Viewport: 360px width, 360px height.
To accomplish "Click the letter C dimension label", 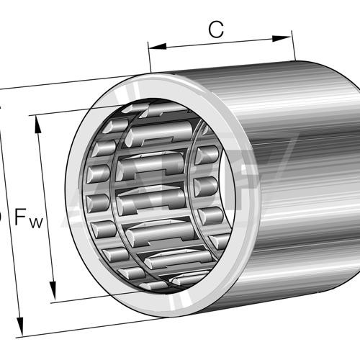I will pos(215,30).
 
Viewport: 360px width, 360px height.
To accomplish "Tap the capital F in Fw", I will pos(22,217).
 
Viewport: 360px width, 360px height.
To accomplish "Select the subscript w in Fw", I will pos(37,222).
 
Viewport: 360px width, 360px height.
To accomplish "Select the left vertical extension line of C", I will pos(149,58).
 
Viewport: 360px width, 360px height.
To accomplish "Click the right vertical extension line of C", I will pos(294,46).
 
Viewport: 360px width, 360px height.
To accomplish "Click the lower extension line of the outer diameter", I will pos(72,327).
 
